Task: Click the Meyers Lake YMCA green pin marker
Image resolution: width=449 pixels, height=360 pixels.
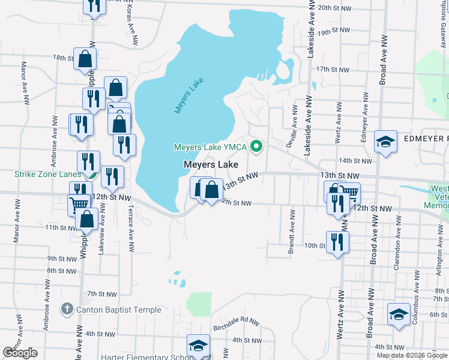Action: coord(257,146)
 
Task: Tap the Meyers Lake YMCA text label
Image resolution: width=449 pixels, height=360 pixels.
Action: coord(211,146)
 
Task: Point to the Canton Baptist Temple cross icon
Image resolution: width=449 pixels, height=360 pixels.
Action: coord(66,310)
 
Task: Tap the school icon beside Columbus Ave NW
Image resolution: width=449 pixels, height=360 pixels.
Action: coord(399,314)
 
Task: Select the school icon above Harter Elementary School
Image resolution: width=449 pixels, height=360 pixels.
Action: coord(197,346)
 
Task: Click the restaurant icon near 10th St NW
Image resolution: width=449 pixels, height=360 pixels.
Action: coord(337,242)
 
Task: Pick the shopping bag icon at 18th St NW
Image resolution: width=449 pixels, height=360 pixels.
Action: coord(85,59)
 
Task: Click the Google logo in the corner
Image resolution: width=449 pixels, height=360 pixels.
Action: coord(20,353)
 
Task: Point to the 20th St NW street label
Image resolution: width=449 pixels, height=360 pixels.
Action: coord(333,8)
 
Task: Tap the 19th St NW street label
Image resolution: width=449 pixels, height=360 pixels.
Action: coord(333,32)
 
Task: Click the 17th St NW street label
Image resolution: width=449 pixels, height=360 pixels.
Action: coord(333,70)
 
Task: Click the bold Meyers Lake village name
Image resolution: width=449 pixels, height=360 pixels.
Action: coord(211,164)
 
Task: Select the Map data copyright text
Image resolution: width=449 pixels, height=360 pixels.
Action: coord(412,355)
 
